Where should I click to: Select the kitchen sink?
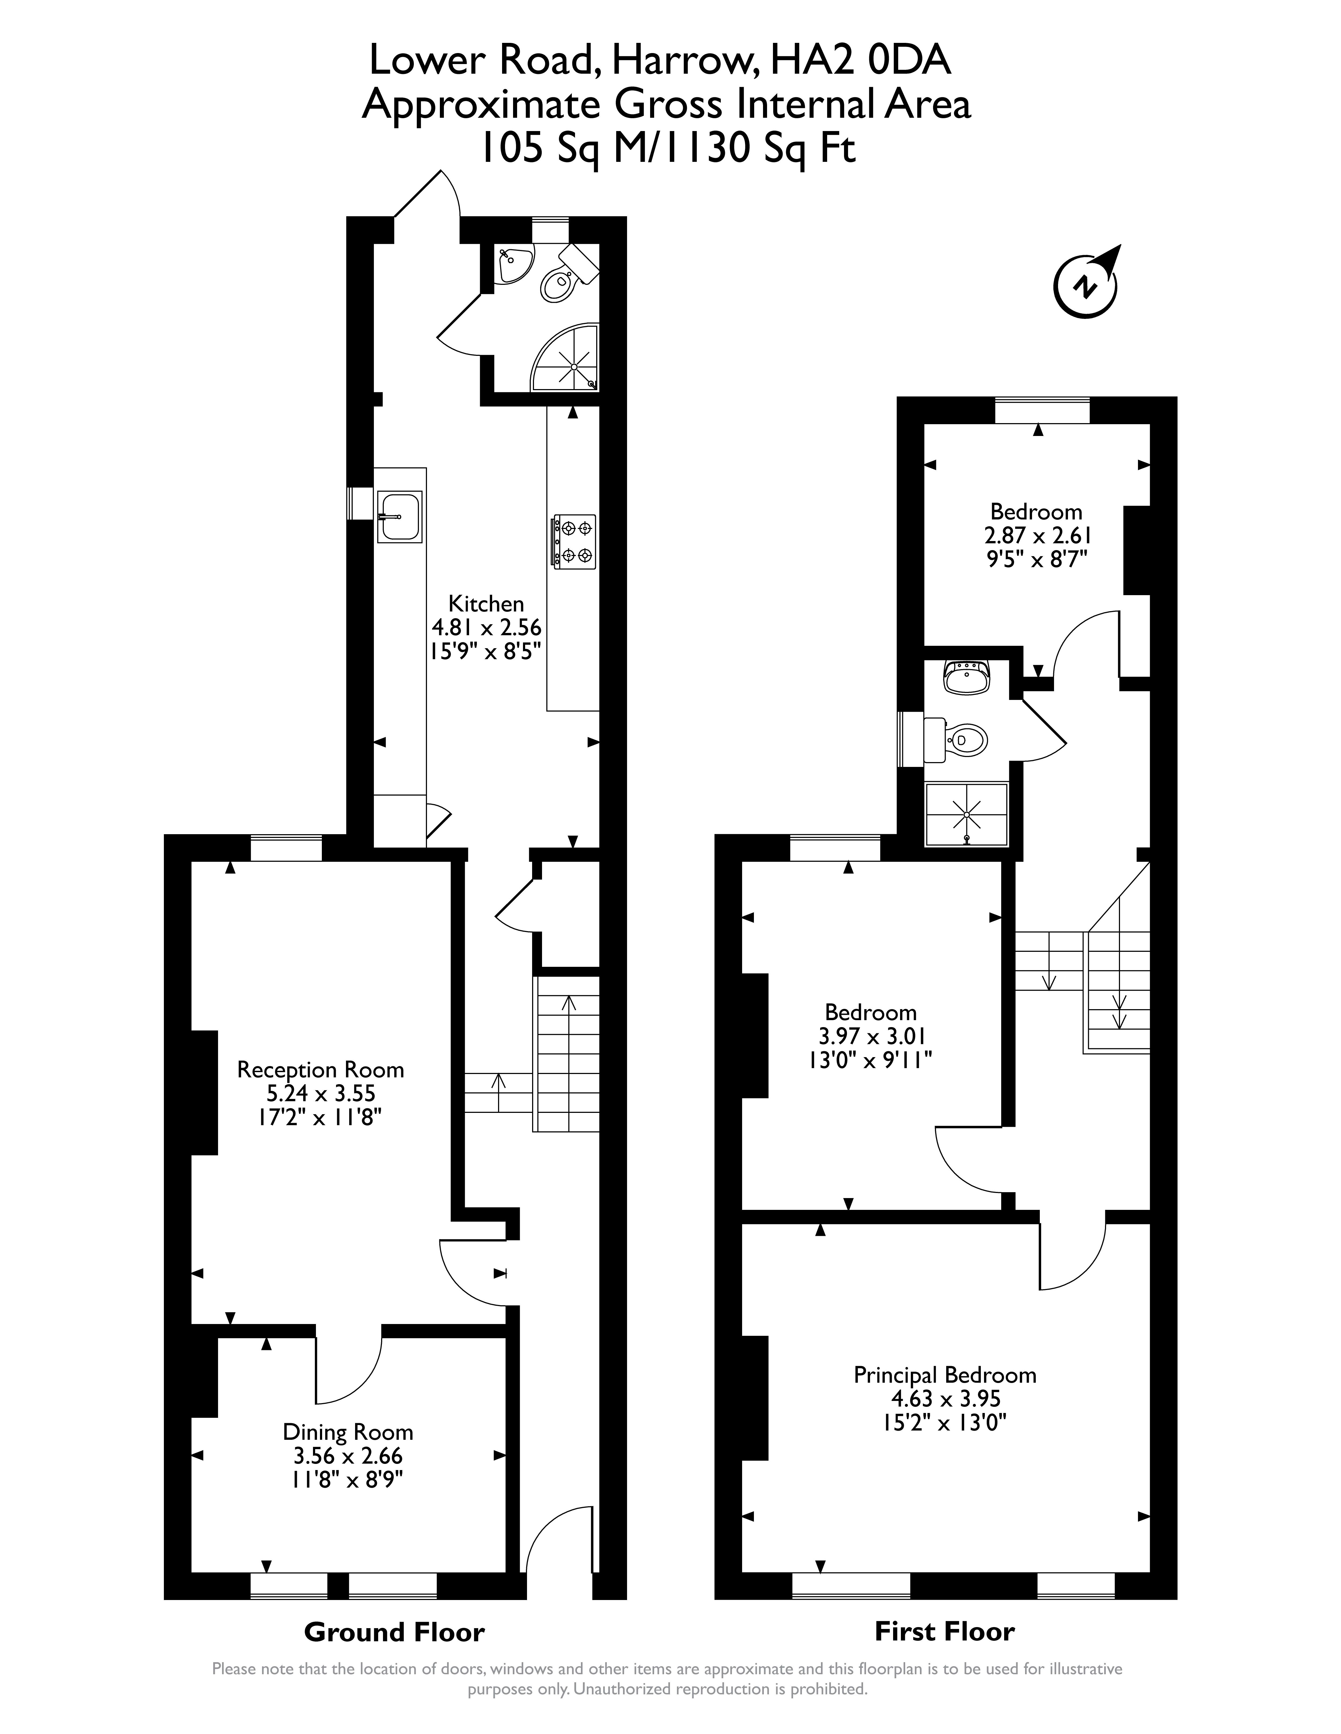[400, 517]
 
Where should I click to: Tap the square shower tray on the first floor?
[967, 814]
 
